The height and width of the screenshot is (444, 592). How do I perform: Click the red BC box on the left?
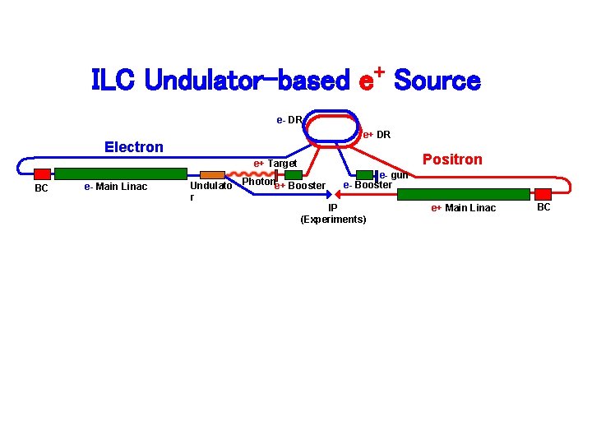click(43, 173)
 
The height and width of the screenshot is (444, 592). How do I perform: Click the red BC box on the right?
click(543, 194)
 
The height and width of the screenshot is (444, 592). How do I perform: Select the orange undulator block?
click(212, 174)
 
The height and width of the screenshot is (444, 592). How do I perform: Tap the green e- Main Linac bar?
click(121, 173)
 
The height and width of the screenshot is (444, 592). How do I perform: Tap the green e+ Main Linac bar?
click(464, 194)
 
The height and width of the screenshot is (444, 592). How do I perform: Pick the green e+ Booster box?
click(294, 174)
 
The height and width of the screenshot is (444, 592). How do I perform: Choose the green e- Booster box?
click(365, 174)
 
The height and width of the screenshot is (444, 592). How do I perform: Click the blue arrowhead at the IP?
click(326, 195)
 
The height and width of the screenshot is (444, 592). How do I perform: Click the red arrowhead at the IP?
click(333, 195)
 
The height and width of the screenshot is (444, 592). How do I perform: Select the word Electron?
click(134, 147)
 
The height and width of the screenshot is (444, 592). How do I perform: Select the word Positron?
click(452, 160)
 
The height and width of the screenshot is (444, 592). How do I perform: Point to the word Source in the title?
click(437, 81)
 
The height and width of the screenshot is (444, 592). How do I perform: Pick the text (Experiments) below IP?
click(333, 220)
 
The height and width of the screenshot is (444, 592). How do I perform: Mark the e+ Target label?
click(275, 163)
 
